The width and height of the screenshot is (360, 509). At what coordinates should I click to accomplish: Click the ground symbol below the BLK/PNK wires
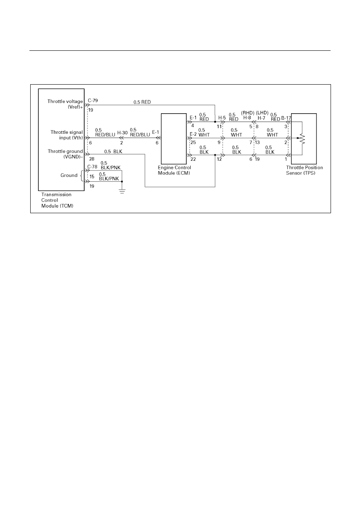(x=122, y=191)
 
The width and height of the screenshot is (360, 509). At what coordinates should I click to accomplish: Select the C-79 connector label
(x=93, y=100)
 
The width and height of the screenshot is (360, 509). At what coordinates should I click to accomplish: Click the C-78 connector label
(x=92, y=166)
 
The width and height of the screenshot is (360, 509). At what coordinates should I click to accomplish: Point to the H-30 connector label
(x=123, y=133)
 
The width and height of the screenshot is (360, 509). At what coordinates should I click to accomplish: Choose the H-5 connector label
(x=222, y=118)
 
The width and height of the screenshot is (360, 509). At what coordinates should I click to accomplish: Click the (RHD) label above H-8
(x=248, y=113)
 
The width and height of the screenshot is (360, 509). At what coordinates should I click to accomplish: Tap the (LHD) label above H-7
(x=262, y=113)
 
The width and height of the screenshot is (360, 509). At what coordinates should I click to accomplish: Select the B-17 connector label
(x=286, y=118)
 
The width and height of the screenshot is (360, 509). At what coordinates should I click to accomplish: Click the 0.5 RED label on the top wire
(x=142, y=102)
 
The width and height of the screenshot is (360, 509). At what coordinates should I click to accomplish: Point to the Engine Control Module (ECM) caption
(x=174, y=170)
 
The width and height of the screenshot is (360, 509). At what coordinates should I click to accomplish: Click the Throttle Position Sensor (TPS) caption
(x=304, y=170)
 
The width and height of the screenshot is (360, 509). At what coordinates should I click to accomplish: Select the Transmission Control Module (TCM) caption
(x=57, y=200)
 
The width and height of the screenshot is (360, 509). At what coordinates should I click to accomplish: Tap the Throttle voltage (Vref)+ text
(x=65, y=104)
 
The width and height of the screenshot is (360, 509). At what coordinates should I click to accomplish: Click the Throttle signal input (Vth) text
(x=67, y=135)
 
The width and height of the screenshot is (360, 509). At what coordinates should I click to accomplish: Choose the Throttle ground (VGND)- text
(x=65, y=154)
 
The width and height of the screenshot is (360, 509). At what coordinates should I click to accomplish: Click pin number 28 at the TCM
(x=92, y=159)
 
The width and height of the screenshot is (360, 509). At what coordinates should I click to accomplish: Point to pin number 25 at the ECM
(x=193, y=143)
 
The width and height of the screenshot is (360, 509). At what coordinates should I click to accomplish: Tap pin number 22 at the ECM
(x=193, y=159)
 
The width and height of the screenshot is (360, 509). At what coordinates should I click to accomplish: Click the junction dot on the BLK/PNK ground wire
(x=122, y=182)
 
